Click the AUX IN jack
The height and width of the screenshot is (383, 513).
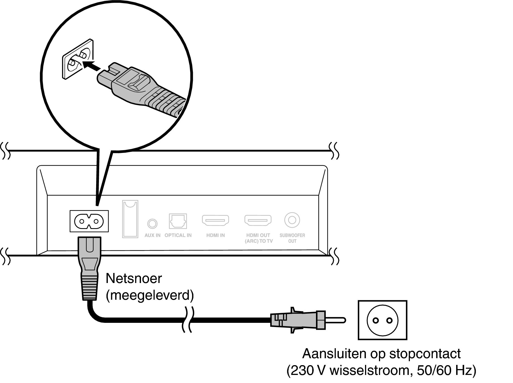[x=152, y=223]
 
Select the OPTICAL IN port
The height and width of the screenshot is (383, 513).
[x=178, y=221]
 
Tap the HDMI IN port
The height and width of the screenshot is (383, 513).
[x=215, y=220]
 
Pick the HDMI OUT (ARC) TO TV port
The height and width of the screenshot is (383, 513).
[x=258, y=220]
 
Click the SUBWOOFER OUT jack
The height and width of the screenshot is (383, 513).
[x=292, y=220]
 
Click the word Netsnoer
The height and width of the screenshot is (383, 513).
[x=134, y=278]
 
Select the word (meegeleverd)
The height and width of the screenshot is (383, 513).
[x=150, y=295]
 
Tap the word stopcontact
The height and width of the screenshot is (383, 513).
[x=425, y=354]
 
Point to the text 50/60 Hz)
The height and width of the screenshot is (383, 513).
[x=447, y=371]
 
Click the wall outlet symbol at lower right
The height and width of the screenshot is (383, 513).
[x=382, y=320]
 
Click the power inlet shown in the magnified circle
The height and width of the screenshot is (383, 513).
[x=77, y=59]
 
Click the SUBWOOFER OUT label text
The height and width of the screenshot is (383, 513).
[x=292, y=238]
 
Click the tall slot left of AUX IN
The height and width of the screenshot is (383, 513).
[x=130, y=219]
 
